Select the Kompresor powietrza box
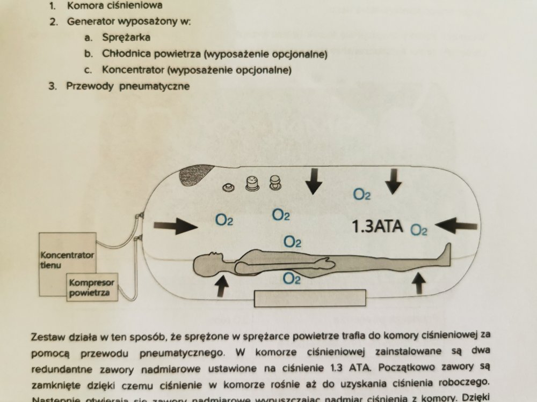(x=90, y=288)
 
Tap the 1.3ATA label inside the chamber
(x=377, y=227)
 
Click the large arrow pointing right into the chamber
(x=176, y=226)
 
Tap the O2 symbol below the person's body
(x=291, y=278)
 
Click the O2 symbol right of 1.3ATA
(x=419, y=230)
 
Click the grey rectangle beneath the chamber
(x=310, y=298)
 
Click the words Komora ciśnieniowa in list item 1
(x=115, y=7)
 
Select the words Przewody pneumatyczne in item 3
(x=128, y=86)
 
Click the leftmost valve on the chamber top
(x=229, y=188)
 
